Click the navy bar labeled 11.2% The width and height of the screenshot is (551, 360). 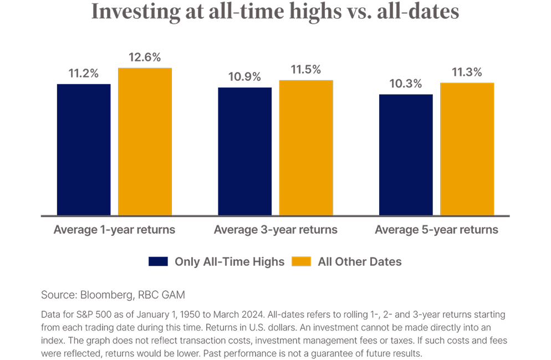click(84, 150)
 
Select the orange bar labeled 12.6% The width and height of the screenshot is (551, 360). click(145, 142)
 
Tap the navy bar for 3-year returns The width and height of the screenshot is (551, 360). click(244, 151)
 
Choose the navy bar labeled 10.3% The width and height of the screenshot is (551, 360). click(406, 155)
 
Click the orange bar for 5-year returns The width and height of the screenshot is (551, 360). click(467, 149)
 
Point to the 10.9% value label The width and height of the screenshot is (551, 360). click(244, 78)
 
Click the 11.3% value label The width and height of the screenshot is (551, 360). click(466, 73)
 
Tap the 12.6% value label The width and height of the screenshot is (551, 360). click(145, 58)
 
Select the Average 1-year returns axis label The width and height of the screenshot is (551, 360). click(114, 229)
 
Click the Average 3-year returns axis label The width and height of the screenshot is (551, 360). click(275, 229)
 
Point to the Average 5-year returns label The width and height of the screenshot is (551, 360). click(436, 229)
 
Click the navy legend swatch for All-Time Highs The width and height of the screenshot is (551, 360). click(158, 262)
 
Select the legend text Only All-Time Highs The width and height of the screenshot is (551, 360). click(229, 262)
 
